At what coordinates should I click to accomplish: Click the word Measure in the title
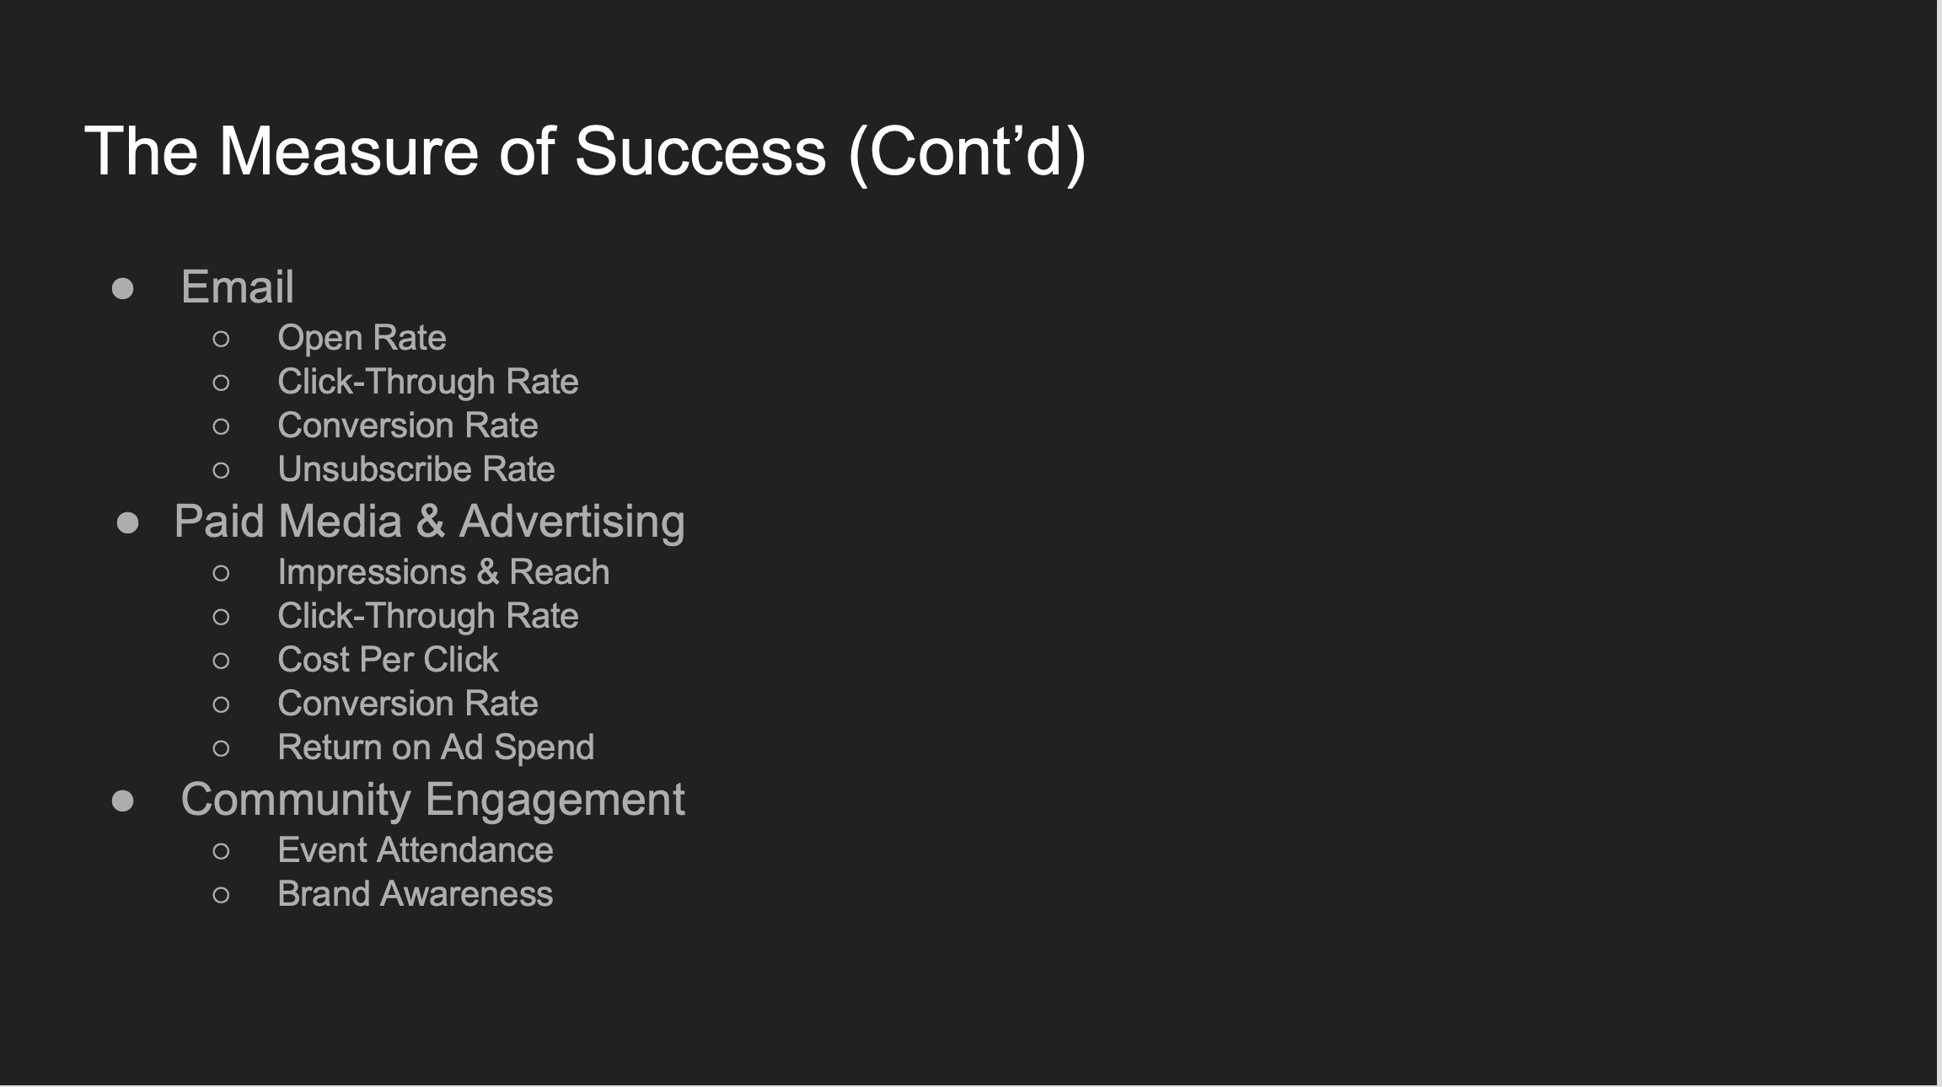click(349, 152)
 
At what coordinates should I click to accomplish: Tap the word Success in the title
click(700, 152)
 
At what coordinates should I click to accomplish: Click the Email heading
click(238, 286)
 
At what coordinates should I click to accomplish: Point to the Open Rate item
click(362, 339)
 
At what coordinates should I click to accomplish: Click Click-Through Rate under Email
click(428, 382)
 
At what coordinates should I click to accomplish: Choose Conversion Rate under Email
click(408, 426)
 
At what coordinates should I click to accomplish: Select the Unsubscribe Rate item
click(416, 469)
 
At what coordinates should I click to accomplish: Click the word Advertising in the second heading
click(572, 522)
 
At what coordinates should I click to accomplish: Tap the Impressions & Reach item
click(443, 573)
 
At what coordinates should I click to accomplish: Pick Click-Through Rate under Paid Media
click(428, 616)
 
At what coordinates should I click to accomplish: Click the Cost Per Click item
click(388, 660)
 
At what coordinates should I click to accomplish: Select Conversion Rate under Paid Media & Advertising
click(408, 704)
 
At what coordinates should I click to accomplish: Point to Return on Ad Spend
click(436, 747)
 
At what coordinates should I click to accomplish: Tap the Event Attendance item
click(416, 850)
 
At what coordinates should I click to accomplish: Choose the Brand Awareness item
click(416, 894)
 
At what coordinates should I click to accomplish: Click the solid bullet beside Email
click(123, 289)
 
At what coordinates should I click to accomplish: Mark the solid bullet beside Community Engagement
click(123, 801)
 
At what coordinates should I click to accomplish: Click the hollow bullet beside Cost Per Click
click(222, 661)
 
